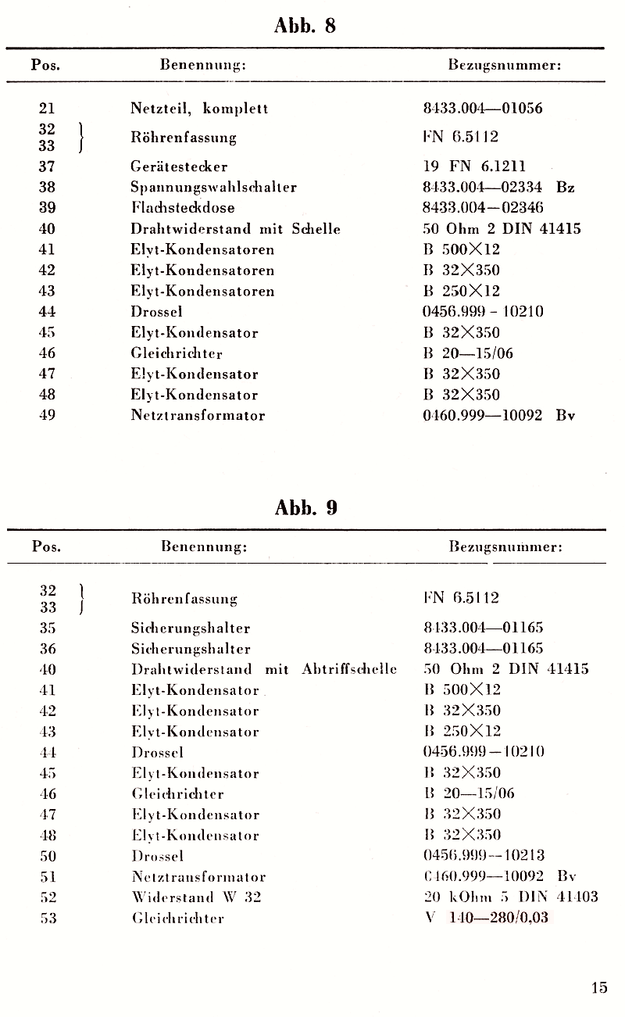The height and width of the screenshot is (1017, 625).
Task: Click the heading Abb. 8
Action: pyautogui.click(x=305, y=26)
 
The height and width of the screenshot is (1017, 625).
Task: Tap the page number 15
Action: pyautogui.click(x=599, y=987)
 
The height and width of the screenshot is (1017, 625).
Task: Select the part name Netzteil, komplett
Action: pyautogui.click(x=199, y=109)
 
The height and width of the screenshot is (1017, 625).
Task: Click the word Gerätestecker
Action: pyautogui.click(x=179, y=167)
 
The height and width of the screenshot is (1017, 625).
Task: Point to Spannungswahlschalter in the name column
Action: pyautogui.click(x=213, y=188)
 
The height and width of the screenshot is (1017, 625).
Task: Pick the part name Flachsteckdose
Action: pyautogui.click(x=183, y=208)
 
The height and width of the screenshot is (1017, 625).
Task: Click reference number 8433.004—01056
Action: pyautogui.click(x=482, y=109)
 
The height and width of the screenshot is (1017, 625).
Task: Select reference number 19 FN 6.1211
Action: pyautogui.click(x=474, y=167)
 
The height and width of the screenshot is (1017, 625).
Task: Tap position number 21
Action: pyautogui.click(x=47, y=109)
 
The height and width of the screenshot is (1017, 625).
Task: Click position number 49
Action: pyautogui.click(x=47, y=416)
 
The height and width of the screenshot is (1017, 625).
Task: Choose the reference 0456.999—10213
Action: pyautogui.click(x=484, y=855)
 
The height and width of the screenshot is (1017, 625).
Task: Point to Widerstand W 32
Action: pyautogui.click(x=196, y=897)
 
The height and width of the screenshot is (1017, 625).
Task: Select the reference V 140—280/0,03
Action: pyautogui.click(x=487, y=918)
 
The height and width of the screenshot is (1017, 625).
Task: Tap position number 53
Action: pyautogui.click(x=48, y=919)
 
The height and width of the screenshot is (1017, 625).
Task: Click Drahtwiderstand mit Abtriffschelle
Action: pyautogui.click(x=264, y=669)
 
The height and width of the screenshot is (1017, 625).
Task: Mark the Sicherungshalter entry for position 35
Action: pyautogui.click(x=191, y=628)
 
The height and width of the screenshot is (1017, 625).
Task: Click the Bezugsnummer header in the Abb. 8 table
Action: pyautogui.click(x=505, y=66)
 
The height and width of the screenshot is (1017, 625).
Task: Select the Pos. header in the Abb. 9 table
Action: pyautogui.click(x=46, y=546)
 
